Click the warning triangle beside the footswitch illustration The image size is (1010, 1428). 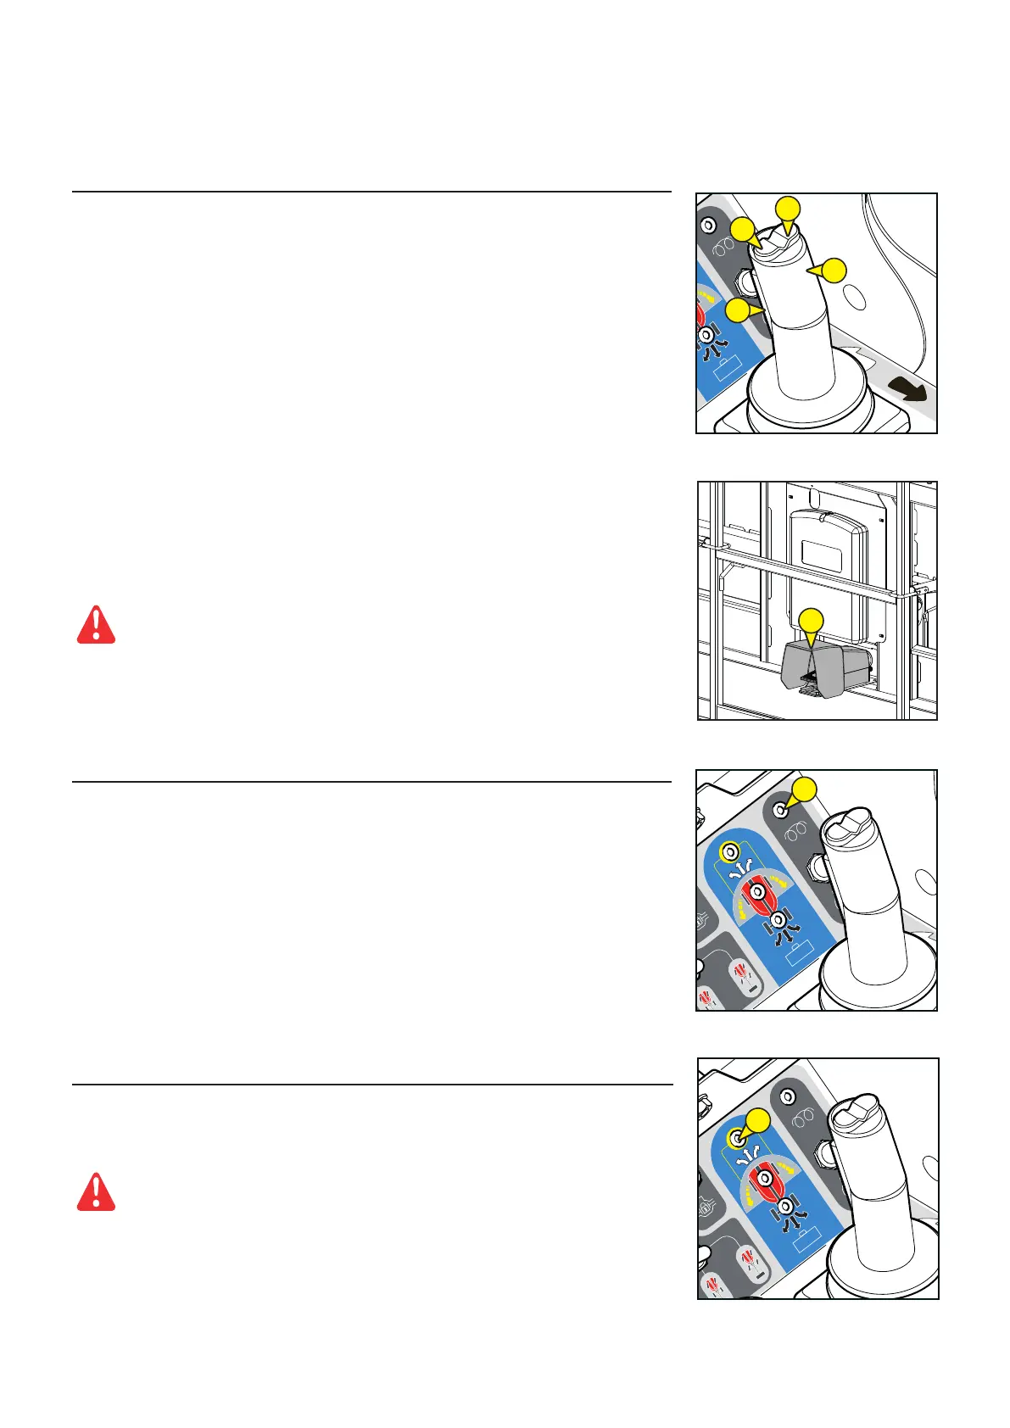96,625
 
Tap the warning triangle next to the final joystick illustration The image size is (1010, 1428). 96,1192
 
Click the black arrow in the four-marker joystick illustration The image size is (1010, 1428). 908,391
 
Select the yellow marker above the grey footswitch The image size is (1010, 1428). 812,621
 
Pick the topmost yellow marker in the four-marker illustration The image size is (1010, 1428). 789,209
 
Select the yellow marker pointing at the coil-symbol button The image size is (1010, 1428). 804,789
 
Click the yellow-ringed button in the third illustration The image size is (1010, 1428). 727,850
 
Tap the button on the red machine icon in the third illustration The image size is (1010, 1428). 760,893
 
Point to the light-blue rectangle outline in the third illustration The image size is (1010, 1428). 797,958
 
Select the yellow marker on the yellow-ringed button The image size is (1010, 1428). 757,1120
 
